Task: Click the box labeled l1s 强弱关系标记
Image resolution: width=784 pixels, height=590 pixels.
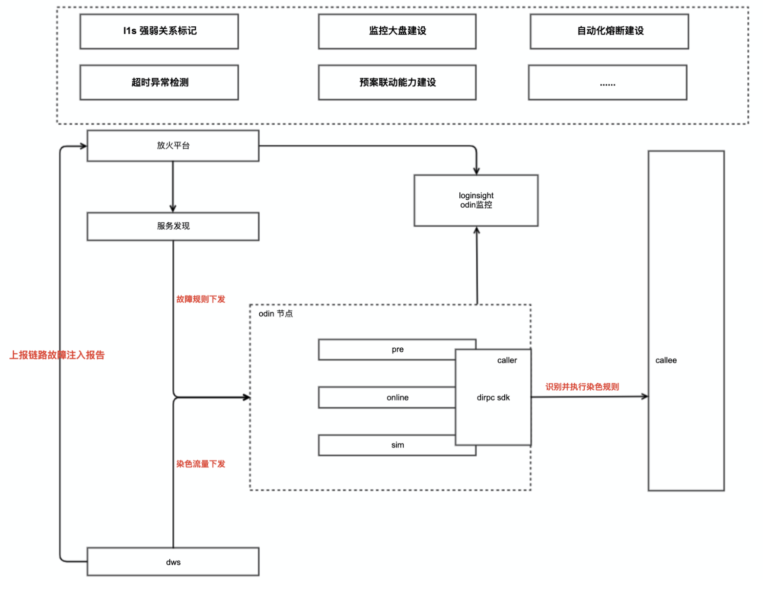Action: coord(159,31)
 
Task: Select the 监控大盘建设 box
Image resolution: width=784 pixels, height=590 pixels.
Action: coord(397,31)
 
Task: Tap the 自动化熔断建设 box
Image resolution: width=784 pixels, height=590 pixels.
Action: coord(609,31)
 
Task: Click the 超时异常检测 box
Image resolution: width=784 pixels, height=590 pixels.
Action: coord(159,83)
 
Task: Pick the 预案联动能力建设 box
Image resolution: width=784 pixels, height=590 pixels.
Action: coord(397,83)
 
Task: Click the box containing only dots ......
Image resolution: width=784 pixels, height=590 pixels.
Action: coord(607,83)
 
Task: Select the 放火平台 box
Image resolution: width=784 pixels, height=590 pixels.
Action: coord(173,146)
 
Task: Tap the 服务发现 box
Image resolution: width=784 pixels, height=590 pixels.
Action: coord(173,226)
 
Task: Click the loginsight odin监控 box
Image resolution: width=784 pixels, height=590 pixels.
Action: coord(476,200)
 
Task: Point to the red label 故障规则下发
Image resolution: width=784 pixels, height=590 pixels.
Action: coord(201,299)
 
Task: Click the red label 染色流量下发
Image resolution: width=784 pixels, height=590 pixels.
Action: coord(201,464)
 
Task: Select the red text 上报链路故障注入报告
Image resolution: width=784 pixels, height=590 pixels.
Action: coord(57,355)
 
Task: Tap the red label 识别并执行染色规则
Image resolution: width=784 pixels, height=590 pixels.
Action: coord(582,387)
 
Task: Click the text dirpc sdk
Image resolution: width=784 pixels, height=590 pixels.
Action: coord(493,398)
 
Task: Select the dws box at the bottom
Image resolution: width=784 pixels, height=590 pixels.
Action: coord(173,562)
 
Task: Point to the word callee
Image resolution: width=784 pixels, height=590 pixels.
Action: coord(666,360)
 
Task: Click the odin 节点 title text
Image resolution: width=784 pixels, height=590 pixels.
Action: coord(276,314)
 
